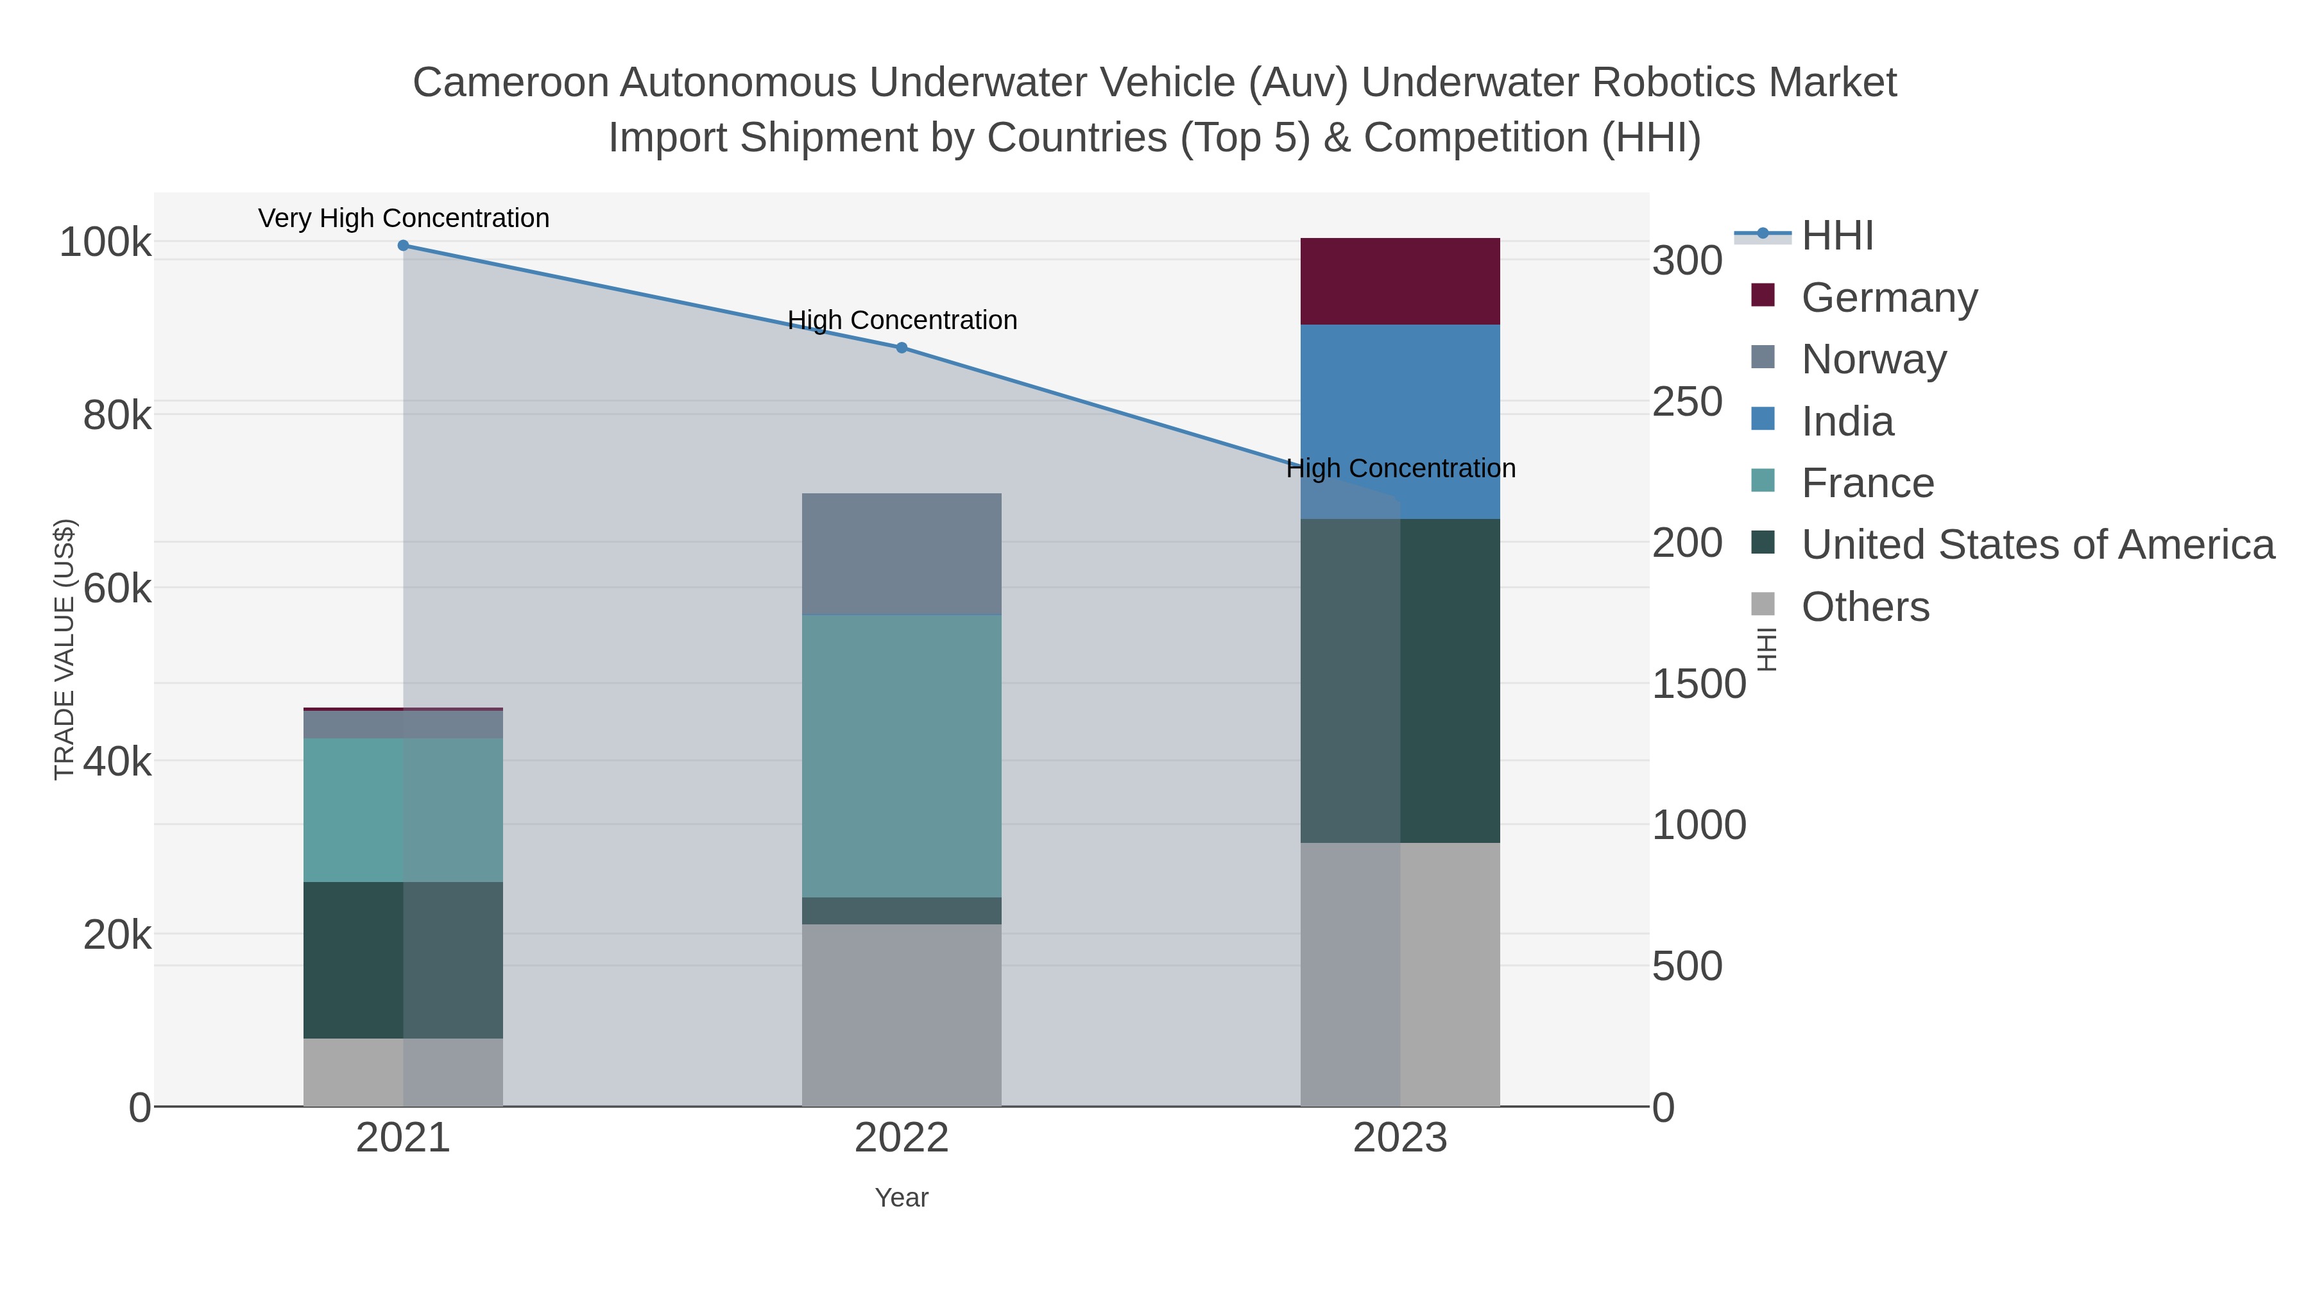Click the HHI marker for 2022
click(902, 348)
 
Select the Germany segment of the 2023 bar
click(1400, 282)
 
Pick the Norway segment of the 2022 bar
click(902, 554)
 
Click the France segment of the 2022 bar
click(902, 756)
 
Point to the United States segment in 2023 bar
click(1400, 681)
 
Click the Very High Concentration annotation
click(404, 219)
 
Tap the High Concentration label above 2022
click(902, 320)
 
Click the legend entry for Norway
click(1873, 359)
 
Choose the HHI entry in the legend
click(1838, 236)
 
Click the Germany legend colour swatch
click(1762, 296)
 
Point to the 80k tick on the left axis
click(117, 416)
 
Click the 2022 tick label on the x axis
click(902, 1139)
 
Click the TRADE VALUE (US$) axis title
click(65, 649)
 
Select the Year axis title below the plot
click(902, 1198)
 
